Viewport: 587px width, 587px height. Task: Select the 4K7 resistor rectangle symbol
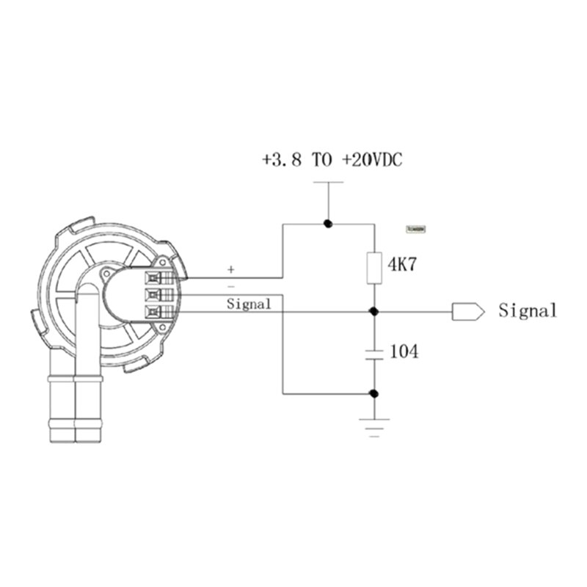pos(374,267)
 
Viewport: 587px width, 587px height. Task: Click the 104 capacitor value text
pos(404,352)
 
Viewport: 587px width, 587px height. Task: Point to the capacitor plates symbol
pos(374,352)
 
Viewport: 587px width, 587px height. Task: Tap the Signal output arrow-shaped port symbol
pos(467,311)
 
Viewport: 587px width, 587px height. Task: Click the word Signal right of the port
pos(528,311)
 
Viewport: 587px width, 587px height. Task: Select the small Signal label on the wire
pos(249,304)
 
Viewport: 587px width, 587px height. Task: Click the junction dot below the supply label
pos(329,223)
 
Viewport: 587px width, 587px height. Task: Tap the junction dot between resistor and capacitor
pos(374,311)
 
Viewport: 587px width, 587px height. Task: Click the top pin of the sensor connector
pos(155,278)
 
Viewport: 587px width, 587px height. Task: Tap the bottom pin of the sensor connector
pos(155,312)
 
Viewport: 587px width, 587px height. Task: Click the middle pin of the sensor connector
pos(155,295)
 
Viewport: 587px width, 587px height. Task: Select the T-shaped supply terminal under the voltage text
pos(329,183)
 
